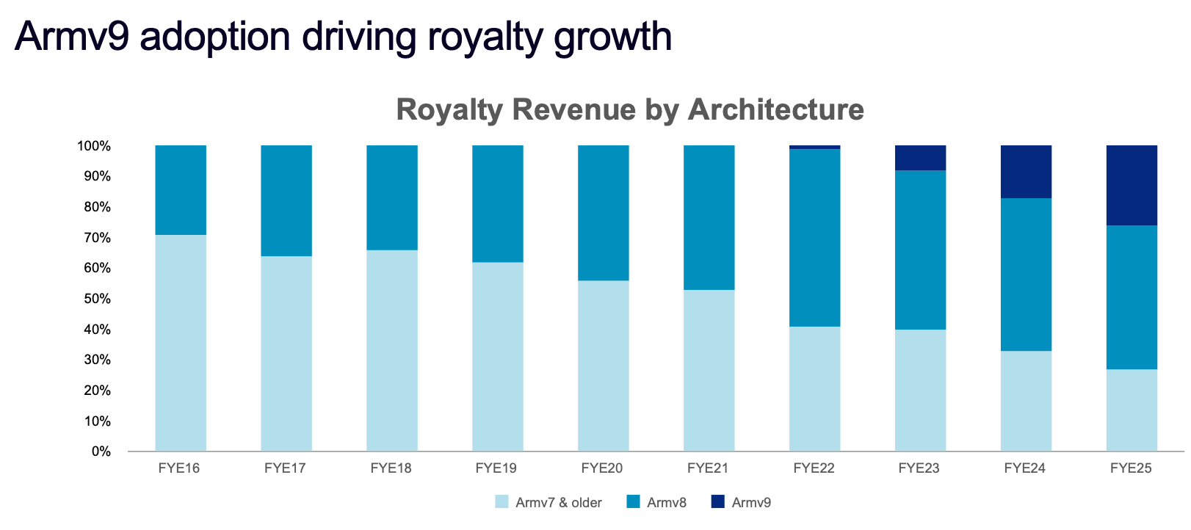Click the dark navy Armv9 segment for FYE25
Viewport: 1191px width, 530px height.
click(1132, 186)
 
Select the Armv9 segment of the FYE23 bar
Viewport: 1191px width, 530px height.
click(920, 158)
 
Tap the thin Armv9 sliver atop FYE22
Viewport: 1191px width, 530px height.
click(814, 148)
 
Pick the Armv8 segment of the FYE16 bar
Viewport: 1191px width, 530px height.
click(181, 190)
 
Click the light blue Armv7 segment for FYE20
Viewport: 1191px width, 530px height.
click(604, 366)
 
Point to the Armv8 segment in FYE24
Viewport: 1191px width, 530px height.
click(1027, 275)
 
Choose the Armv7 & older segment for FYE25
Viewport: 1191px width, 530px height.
click(1132, 410)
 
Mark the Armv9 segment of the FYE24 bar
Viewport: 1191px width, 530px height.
click(1027, 172)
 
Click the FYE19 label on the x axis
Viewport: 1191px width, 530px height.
click(496, 468)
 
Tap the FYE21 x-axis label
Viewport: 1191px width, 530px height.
click(708, 468)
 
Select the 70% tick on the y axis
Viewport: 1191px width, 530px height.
click(98, 238)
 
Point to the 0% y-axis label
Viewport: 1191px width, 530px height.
click(101, 452)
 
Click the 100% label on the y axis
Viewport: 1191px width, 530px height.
click(94, 146)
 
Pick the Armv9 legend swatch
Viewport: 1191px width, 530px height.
click(718, 501)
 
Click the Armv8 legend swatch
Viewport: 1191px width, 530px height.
click(633, 501)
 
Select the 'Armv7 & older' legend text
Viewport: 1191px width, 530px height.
click(559, 502)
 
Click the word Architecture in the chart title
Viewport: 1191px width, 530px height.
click(775, 109)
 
